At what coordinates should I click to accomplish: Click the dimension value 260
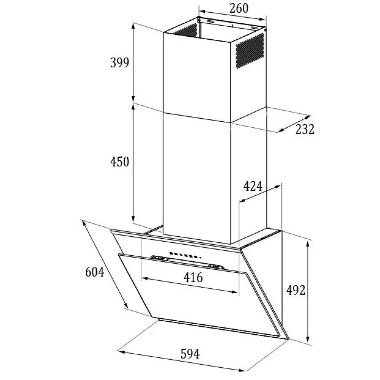pyautogui.click(x=239, y=8)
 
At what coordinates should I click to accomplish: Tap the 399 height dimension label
pyautogui.click(x=120, y=62)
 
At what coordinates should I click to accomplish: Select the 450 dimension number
pyautogui.click(x=120, y=162)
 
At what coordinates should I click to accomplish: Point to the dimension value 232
pyautogui.click(x=305, y=129)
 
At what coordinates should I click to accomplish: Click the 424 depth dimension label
pyautogui.click(x=253, y=186)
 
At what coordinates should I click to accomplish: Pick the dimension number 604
pyautogui.click(x=95, y=272)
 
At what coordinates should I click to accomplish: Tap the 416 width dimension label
pyautogui.click(x=193, y=278)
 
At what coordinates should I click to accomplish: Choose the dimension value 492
pyautogui.click(x=296, y=290)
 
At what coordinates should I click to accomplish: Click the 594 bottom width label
pyautogui.click(x=190, y=354)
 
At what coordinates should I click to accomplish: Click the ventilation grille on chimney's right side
pyautogui.click(x=250, y=50)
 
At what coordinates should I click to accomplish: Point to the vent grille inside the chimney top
pyautogui.click(x=186, y=30)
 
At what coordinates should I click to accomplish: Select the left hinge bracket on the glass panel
pyautogui.click(x=160, y=258)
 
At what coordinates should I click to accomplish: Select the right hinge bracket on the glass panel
pyautogui.click(x=216, y=267)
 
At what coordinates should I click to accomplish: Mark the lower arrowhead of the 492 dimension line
pyautogui.click(x=308, y=339)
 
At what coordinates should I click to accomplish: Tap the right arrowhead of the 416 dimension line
pyautogui.click(x=235, y=292)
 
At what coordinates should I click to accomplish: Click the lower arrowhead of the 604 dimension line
pyautogui.click(x=126, y=305)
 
